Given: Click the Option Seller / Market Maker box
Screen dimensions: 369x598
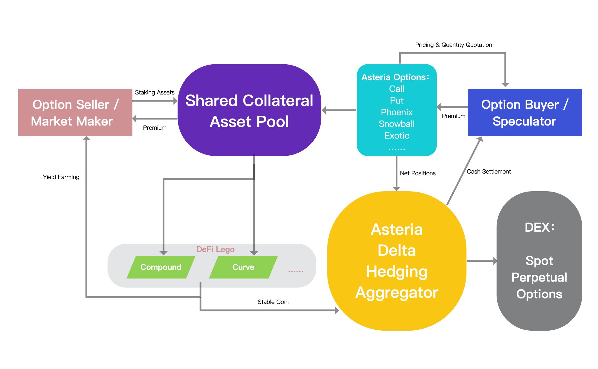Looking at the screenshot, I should coord(75,113).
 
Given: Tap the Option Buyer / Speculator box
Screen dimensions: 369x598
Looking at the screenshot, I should coord(525,113).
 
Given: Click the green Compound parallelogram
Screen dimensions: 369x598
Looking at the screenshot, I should coord(161,267).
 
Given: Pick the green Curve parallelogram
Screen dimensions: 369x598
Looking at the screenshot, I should coord(243,267).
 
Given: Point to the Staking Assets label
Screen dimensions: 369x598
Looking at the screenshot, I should coord(154,92).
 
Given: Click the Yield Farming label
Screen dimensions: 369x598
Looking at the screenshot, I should coord(61,177).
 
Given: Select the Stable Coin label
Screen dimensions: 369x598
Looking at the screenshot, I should coord(273,302).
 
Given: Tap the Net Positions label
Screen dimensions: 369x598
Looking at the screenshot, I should coord(418,173).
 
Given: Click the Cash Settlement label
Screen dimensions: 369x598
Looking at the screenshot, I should coord(489,172).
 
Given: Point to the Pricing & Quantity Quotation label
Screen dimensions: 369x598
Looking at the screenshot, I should coord(453,45).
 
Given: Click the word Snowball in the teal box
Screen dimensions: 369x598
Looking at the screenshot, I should coord(397,124).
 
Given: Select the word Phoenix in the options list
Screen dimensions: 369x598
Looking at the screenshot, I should coord(397,112).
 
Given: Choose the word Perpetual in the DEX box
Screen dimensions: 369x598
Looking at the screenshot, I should coord(539,277).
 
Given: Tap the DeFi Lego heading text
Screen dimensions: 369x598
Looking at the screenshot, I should coord(215,249).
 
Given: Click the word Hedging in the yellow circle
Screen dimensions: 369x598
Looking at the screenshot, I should coord(397,272).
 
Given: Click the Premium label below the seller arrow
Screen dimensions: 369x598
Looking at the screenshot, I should coord(154,128).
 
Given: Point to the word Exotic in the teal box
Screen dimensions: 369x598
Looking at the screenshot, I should coord(397,136).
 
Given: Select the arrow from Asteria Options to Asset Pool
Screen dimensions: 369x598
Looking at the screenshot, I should coord(339,110).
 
